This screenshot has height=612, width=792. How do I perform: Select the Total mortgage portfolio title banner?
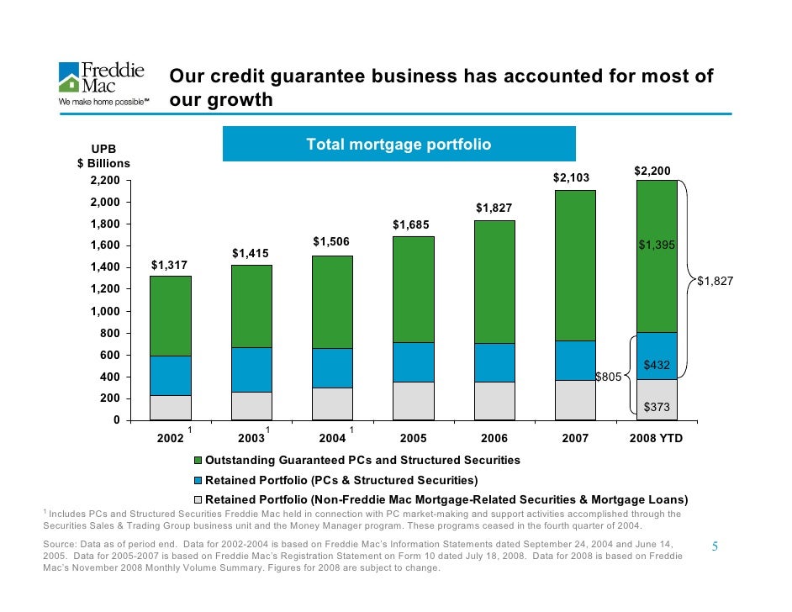click(399, 145)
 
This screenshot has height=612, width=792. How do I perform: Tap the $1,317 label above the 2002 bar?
click(169, 266)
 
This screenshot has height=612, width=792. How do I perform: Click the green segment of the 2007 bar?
click(575, 265)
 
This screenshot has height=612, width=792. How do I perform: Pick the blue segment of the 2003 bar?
click(251, 369)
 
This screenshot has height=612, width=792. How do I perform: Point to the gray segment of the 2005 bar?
click(414, 400)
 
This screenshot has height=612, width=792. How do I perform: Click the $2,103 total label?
click(571, 178)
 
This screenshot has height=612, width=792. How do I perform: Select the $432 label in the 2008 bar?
click(657, 366)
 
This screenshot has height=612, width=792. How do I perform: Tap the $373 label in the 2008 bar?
click(657, 407)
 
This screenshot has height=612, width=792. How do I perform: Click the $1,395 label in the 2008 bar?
click(656, 245)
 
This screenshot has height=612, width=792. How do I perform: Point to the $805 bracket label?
click(609, 377)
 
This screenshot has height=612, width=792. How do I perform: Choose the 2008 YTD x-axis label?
click(656, 439)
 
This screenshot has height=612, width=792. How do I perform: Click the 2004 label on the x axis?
click(332, 439)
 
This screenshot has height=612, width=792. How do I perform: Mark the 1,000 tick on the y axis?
click(107, 311)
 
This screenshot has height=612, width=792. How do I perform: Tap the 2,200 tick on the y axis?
click(107, 181)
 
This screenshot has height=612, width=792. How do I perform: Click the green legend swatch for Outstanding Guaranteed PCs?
click(198, 461)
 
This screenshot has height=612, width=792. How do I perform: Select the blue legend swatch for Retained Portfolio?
click(198, 481)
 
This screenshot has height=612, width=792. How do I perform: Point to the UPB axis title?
click(103, 149)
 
